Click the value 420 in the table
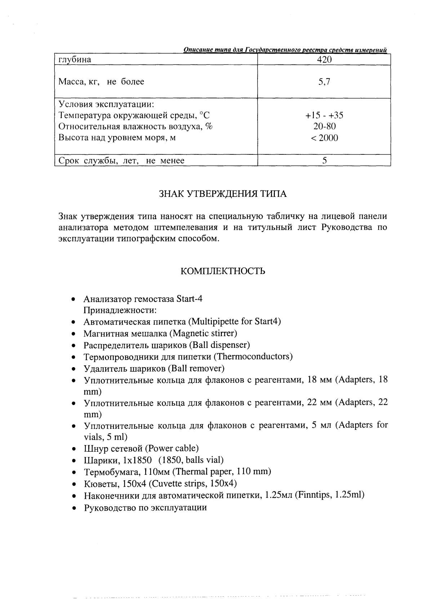(324, 60)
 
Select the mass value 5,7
(324, 82)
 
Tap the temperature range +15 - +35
(324, 116)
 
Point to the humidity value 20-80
(324, 127)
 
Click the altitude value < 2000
(324, 138)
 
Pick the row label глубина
(75, 60)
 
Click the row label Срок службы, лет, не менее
(121, 161)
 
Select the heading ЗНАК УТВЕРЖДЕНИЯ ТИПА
(223, 194)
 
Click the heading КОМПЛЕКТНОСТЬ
(223, 271)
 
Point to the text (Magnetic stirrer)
(203, 333)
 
